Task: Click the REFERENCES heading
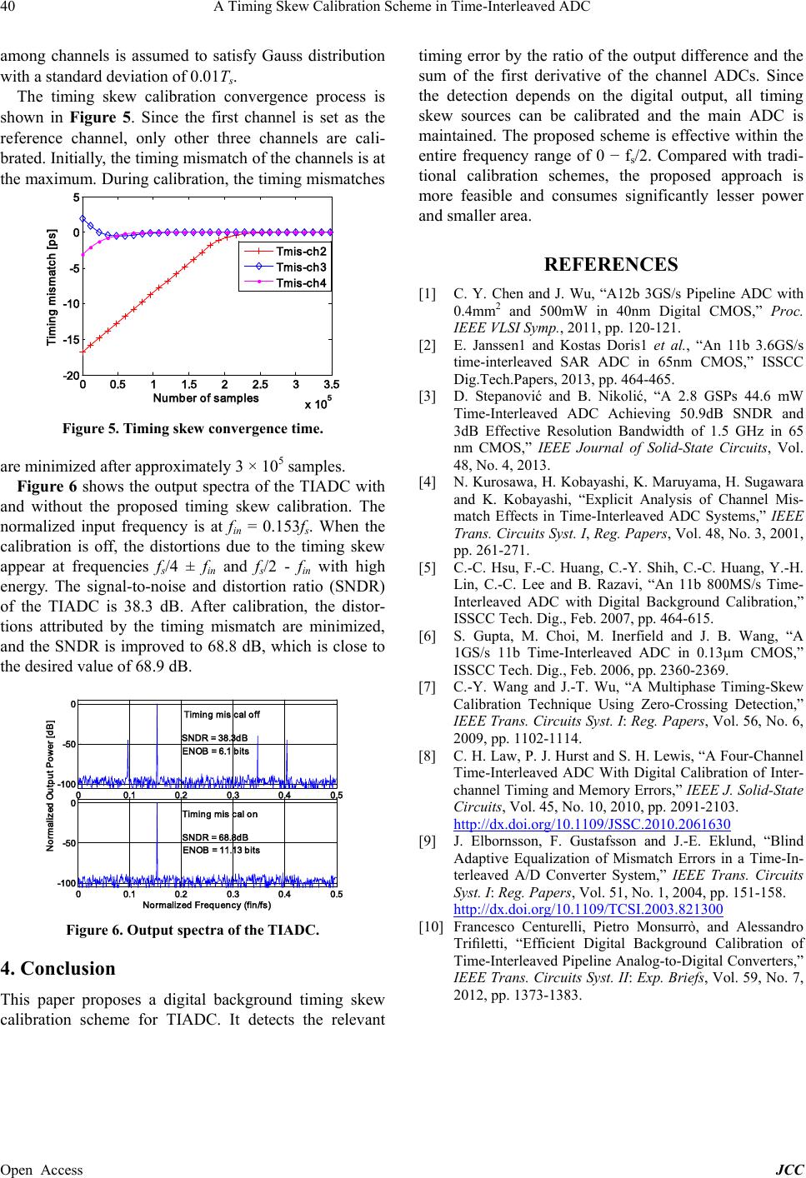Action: (x=610, y=264)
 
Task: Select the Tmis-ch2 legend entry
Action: (x=301, y=252)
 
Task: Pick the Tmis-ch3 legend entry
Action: (x=301, y=267)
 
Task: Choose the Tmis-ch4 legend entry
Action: (x=301, y=282)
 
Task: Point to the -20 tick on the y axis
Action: (x=70, y=377)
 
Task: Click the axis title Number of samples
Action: (x=205, y=398)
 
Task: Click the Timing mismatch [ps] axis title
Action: (x=52, y=287)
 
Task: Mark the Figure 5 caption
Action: (x=192, y=430)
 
